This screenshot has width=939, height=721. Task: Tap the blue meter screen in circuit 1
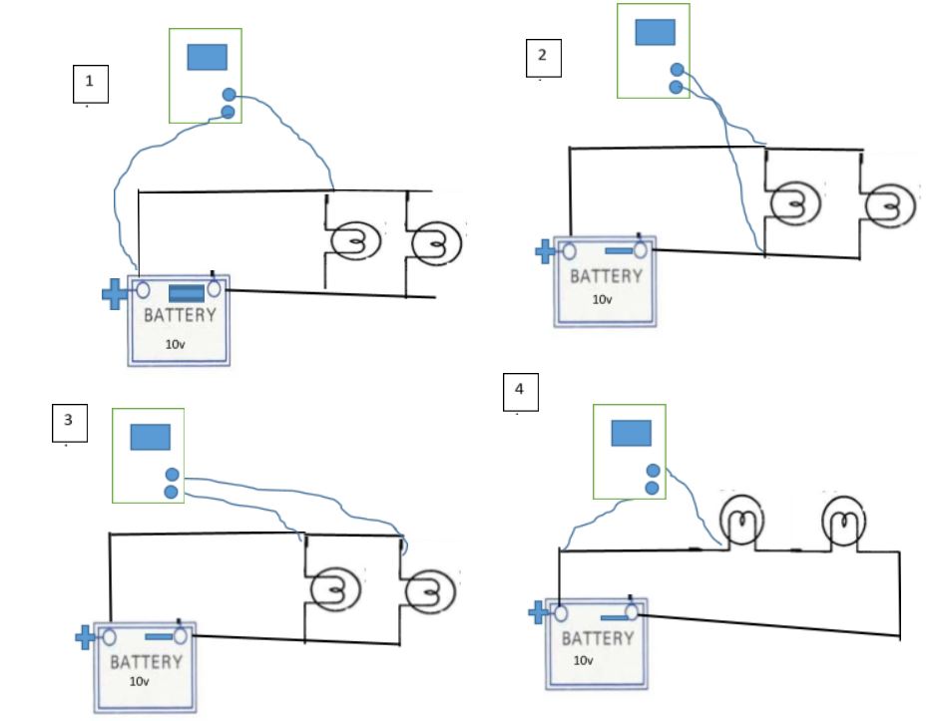click(207, 57)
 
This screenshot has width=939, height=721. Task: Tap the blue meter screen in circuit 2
click(655, 32)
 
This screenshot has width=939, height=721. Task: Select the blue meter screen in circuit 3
click(150, 437)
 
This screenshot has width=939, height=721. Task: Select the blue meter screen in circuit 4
click(631, 432)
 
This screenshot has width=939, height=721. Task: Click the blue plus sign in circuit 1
click(116, 293)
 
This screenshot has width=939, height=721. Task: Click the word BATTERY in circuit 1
click(180, 316)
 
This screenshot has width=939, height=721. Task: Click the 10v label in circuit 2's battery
click(603, 299)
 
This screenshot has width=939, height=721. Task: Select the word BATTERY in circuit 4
click(596, 638)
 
